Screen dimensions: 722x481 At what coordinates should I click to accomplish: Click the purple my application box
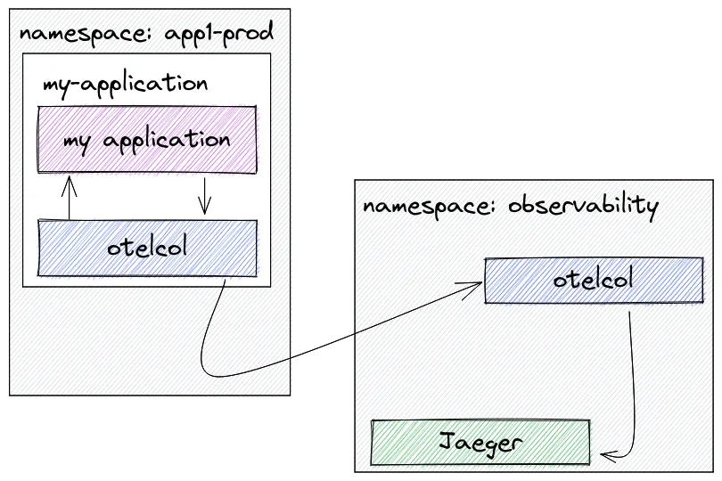coord(147,140)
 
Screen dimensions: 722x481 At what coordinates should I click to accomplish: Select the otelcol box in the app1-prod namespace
coord(147,249)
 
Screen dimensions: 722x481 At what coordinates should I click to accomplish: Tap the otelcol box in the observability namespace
coord(594,280)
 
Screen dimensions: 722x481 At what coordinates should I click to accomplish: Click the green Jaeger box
coord(480,442)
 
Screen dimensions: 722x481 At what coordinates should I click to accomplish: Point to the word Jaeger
coord(480,444)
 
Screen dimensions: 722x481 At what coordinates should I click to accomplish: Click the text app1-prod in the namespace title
coord(218,33)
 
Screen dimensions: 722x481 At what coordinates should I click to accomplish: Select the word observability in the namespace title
coord(584,205)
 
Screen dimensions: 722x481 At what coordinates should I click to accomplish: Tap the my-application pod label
coord(126,85)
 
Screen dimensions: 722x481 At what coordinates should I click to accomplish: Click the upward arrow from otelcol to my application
coord(69,198)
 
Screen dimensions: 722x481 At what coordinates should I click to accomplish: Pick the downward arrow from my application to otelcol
coord(204,196)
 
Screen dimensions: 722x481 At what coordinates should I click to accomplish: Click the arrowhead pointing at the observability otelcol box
coord(473,289)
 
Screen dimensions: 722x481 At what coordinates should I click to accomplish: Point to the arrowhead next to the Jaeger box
coord(609,456)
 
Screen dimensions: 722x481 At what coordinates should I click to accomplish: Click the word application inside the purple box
coord(167,141)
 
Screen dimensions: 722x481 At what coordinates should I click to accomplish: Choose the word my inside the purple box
coord(77,143)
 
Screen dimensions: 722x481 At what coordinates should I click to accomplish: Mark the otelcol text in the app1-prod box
coord(147,247)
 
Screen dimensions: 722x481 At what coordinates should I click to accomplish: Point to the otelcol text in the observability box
coord(593,279)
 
